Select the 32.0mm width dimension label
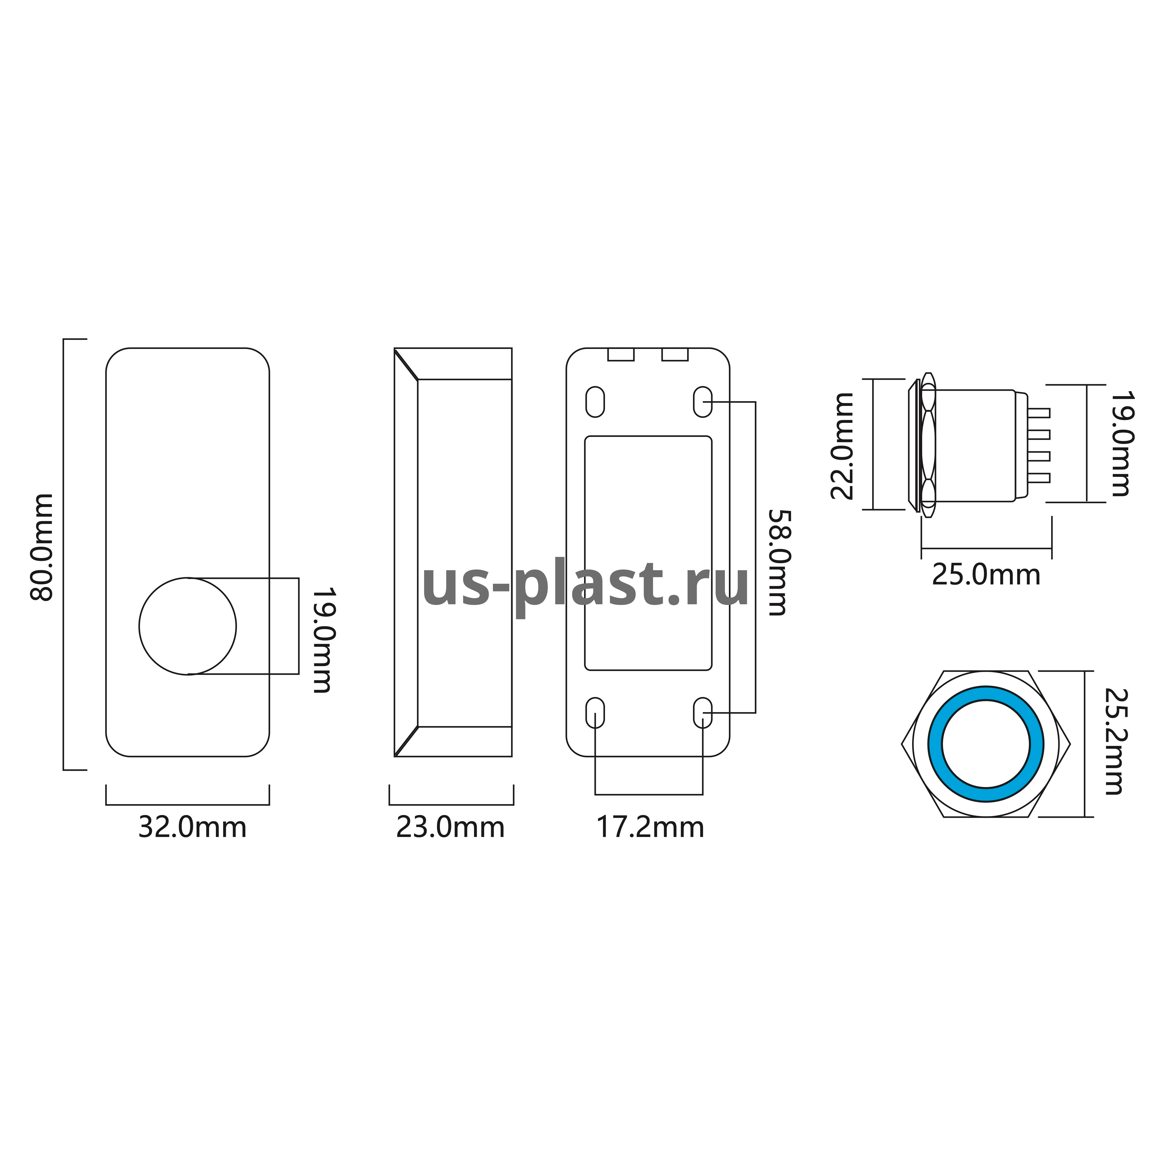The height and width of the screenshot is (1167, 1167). click(x=192, y=828)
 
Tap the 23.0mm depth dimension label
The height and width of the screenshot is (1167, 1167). click(x=450, y=828)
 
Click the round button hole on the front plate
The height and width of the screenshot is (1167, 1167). click(x=188, y=626)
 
